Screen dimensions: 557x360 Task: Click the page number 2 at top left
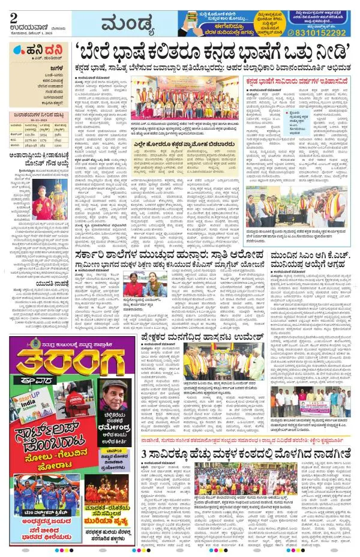(13, 19)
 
